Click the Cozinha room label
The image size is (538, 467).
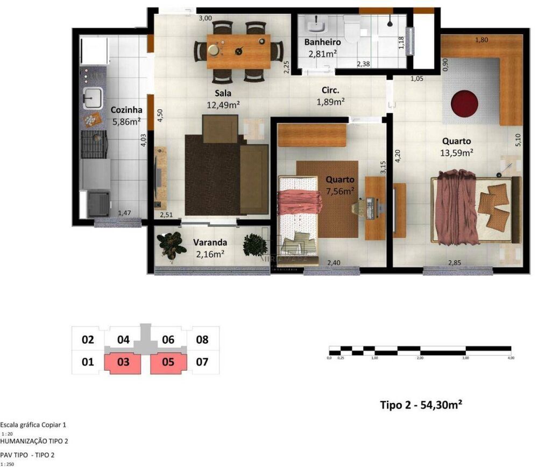[x=126, y=110]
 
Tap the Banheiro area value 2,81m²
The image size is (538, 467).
[x=322, y=53]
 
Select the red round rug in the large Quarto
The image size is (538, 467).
[x=464, y=103]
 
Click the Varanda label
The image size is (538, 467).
[x=210, y=242]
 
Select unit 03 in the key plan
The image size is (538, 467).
[x=123, y=362]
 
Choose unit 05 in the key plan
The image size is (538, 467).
[x=168, y=362]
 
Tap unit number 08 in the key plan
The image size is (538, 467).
[x=202, y=340]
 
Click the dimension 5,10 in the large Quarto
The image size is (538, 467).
[x=518, y=140]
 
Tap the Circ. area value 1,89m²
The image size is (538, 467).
[x=330, y=101]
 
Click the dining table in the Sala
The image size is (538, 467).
[x=238, y=51]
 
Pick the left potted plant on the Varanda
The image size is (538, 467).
[x=168, y=246]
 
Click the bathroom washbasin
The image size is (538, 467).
[x=315, y=24]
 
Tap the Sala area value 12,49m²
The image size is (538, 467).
[x=223, y=104]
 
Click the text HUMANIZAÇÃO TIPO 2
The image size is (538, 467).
[x=34, y=441]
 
